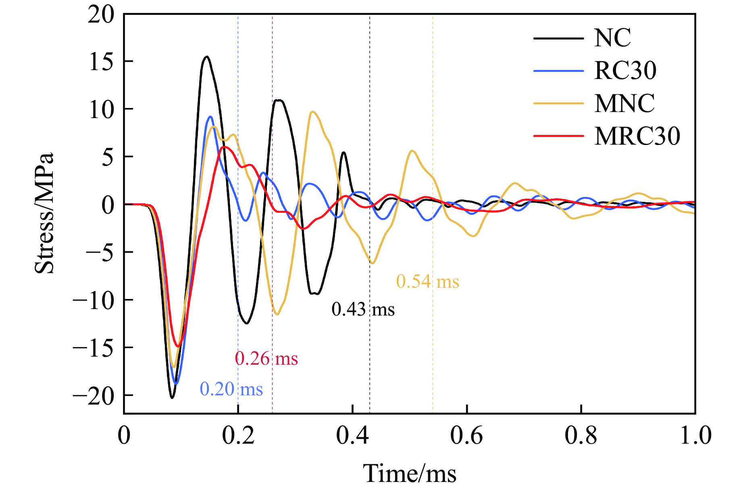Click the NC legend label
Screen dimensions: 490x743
tap(612, 38)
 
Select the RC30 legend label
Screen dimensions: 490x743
tap(625, 71)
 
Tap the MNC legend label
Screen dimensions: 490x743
tap(624, 104)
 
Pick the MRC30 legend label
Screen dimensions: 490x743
tap(637, 136)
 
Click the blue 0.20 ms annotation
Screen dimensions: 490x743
tap(231, 389)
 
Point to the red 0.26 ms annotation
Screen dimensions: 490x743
tap(266, 359)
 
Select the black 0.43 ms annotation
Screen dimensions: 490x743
tap(363, 309)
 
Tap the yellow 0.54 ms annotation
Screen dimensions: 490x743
tap(427, 282)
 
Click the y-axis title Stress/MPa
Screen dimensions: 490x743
tap(44, 214)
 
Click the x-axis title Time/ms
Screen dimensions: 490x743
tap(410, 473)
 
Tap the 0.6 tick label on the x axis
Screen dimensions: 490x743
tap(466, 436)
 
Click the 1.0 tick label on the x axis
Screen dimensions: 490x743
tap(695, 436)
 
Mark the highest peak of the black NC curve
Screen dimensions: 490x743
tap(207, 56)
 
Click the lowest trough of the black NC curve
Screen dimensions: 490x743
tap(172, 398)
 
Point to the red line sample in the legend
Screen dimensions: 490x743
tap(558, 136)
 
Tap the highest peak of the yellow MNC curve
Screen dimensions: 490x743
tap(313, 112)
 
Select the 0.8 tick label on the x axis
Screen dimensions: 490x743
tap(581, 436)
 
